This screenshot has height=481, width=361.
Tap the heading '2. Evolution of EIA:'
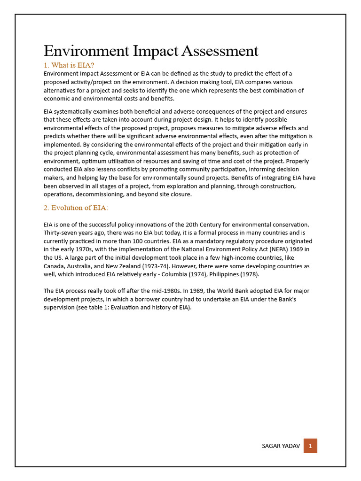pyautogui.click(x=76, y=208)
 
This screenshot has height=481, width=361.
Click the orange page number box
pyautogui.click(x=310, y=445)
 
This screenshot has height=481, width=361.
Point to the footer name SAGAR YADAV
pyautogui.click(x=281, y=446)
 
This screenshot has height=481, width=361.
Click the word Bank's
pyautogui.click(x=286, y=299)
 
